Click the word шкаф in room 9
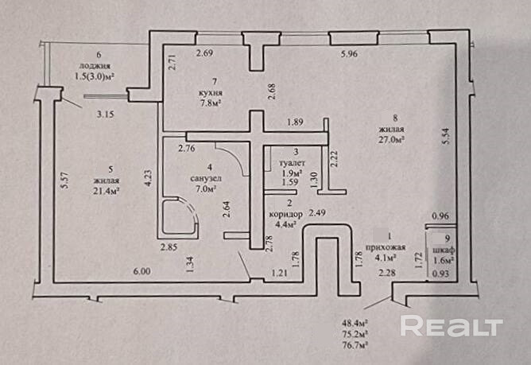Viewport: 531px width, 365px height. click(444, 250)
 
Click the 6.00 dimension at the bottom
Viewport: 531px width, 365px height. click(142, 271)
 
